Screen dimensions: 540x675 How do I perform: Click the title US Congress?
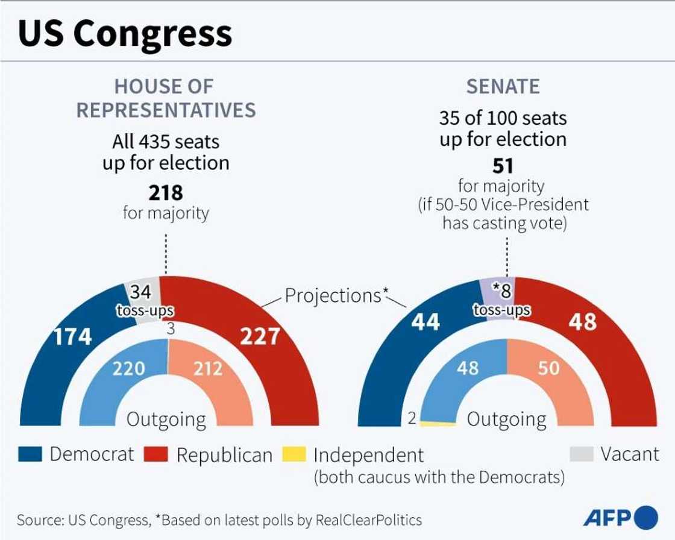(x=125, y=33)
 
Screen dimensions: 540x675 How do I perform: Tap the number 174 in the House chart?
(x=72, y=337)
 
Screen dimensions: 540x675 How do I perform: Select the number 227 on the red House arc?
(x=260, y=336)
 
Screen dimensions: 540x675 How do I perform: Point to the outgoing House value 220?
(x=129, y=368)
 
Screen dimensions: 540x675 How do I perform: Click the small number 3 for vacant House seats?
(x=171, y=330)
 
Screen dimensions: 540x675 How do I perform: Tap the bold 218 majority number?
(x=166, y=193)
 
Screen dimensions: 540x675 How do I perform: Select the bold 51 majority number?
(x=503, y=166)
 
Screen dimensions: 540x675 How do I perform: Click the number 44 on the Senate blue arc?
(x=425, y=322)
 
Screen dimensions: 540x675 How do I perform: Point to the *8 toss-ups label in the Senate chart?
(x=501, y=300)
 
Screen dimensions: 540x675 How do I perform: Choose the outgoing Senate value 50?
(x=548, y=368)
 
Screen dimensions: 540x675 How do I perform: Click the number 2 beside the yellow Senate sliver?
(x=412, y=418)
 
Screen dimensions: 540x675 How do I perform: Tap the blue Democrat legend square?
(x=30, y=454)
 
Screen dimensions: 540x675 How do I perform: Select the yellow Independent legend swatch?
(x=294, y=454)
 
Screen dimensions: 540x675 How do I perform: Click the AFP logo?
(x=620, y=517)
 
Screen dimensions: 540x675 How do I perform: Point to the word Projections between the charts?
(x=333, y=295)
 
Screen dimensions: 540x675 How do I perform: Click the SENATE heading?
(x=503, y=87)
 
